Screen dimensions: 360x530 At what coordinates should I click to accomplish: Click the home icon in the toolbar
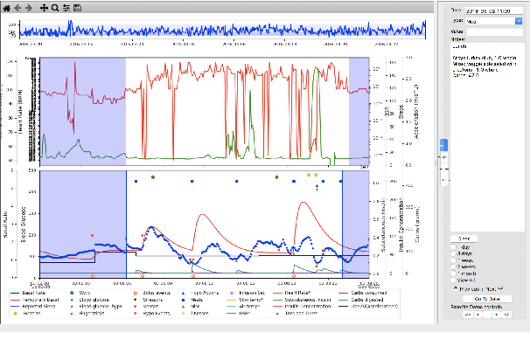5,6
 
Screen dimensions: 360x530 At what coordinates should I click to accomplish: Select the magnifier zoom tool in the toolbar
55,6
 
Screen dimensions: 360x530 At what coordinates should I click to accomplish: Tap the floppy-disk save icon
77,6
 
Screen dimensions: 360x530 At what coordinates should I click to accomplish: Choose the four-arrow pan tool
44,6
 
